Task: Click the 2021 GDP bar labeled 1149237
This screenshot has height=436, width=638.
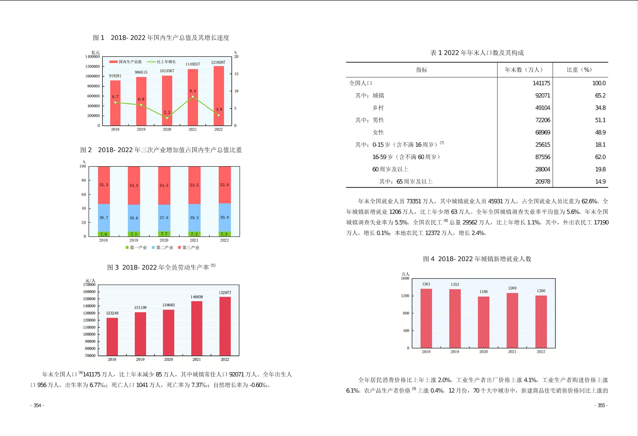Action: [193, 97]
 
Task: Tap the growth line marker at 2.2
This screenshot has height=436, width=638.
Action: [167, 118]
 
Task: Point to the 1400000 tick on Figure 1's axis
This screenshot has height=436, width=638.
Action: [93, 56]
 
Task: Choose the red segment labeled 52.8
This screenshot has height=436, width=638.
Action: [224, 185]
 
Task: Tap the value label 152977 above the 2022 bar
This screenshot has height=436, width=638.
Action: [225, 293]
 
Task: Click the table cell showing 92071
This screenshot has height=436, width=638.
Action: [542, 96]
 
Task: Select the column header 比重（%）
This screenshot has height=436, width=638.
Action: [579, 70]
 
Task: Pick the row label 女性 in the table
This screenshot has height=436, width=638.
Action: [378, 132]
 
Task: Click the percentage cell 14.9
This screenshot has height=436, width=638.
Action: [600, 181]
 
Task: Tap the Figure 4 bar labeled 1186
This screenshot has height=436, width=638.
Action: [483, 322]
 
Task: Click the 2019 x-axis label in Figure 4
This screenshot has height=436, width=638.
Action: [455, 352]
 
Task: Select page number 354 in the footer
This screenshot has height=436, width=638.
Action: [37, 406]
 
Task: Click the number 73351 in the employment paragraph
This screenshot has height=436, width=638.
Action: [414, 201]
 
